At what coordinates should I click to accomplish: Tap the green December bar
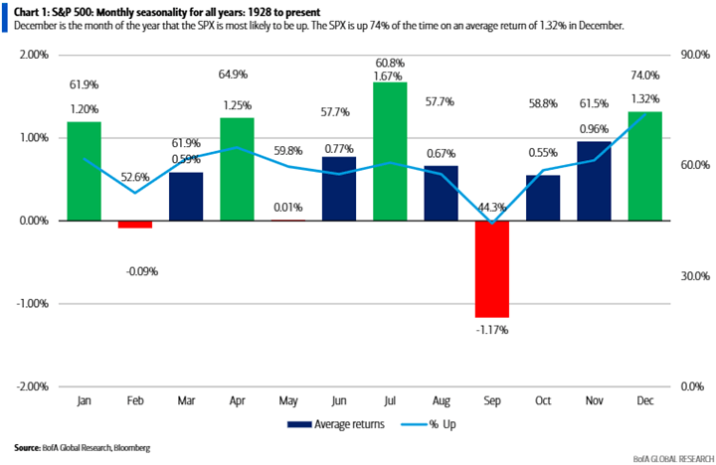click(x=645, y=166)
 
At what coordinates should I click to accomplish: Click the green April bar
click(x=237, y=169)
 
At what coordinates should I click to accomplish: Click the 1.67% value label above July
click(x=390, y=76)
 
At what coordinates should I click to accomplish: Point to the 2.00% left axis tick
click(x=33, y=55)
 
